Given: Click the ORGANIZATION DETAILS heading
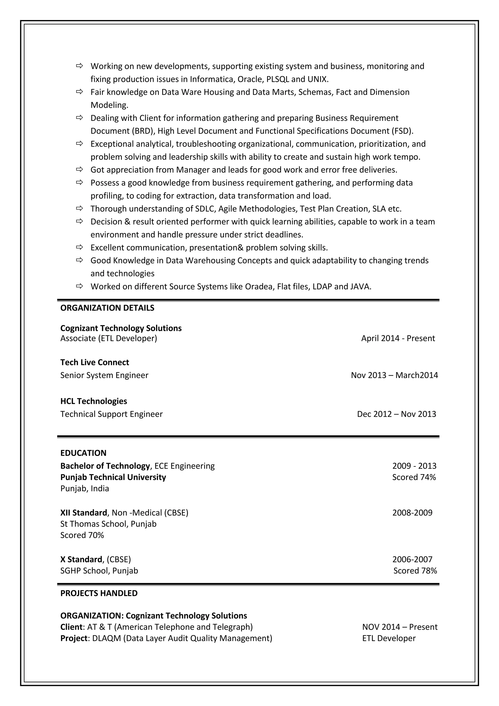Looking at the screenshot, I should pyautogui.click(x=107, y=308).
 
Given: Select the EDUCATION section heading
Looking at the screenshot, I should pyautogui.click(x=83, y=453).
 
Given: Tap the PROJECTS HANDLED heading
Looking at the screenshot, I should pyautogui.click(x=99, y=593).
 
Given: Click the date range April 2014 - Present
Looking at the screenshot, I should pyautogui.click(x=398, y=338).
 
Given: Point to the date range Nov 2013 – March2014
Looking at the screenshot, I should pyautogui.click(x=394, y=375).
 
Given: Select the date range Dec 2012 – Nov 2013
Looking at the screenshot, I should pyautogui.click(x=396, y=414).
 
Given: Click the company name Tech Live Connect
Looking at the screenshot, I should pyautogui.click(x=95, y=362).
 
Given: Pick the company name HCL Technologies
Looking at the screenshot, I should pyautogui.click(x=94, y=401).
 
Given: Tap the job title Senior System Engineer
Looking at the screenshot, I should pyautogui.click(x=104, y=375).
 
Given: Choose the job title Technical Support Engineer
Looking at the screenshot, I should pyautogui.click(x=111, y=414).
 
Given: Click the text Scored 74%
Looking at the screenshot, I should pyautogui.click(x=414, y=477).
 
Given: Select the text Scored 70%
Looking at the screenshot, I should pyautogui.click(x=82, y=535).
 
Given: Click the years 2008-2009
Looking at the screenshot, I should pyautogui.click(x=412, y=513).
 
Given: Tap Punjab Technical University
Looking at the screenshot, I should pyautogui.click(x=113, y=477).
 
